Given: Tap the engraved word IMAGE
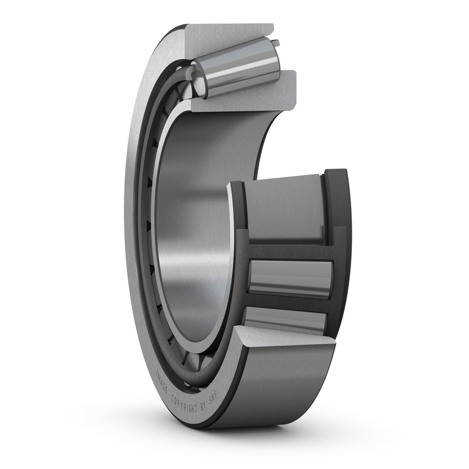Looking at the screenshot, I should click(161, 382).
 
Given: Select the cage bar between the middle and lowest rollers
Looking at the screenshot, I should click(287, 302).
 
